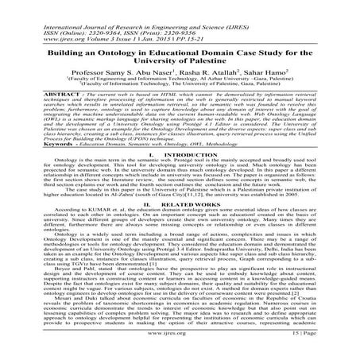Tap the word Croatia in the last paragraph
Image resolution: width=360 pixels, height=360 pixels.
point(328,308)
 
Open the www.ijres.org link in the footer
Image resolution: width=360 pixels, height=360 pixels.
point(179,349)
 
